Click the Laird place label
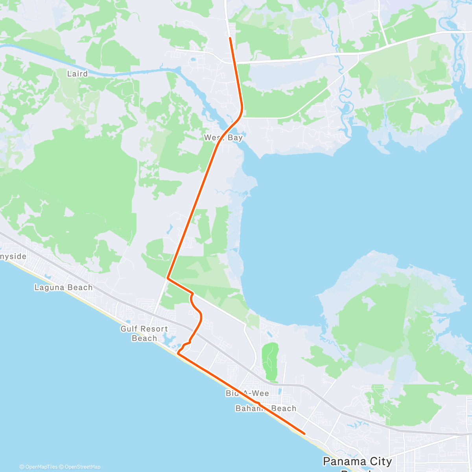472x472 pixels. [x=77, y=74]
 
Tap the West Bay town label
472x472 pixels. [x=223, y=138]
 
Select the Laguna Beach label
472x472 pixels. [x=63, y=288]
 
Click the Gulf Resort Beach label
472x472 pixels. [x=144, y=334]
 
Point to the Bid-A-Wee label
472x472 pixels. [x=247, y=393]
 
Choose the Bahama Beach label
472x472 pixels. [x=266, y=408]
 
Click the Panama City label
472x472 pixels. [x=357, y=461]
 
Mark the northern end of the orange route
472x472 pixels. [x=230, y=38]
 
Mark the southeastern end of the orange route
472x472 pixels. [x=305, y=433]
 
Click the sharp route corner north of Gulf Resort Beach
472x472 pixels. [x=168, y=278]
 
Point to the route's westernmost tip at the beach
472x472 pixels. [x=178, y=353]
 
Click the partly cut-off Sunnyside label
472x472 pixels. [x=13, y=256]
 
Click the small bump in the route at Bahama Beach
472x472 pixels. [x=258, y=403]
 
